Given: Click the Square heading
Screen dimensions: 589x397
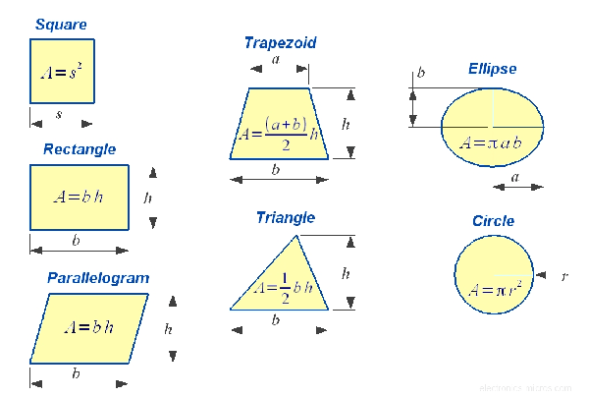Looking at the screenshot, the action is pyautogui.click(x=60, y=24).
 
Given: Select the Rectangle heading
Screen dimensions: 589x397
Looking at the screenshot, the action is pyautogui.click(x=80, y=149).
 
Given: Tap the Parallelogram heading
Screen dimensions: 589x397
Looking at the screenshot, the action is pyautogui.click(x=98, y=278).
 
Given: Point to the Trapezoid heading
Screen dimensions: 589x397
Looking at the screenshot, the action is pyautogui.click(x=280, y=42).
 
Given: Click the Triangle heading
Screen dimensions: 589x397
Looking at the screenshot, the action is pyautogui.click(x=286, y=217).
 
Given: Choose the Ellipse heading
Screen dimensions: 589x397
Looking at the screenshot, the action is pyautogui.click(x=492, y=69).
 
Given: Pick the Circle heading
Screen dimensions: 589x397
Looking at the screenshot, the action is pyautogui.click(x=493, y=221).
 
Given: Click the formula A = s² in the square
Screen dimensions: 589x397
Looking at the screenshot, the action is pyautogui.click(x=62, y=72).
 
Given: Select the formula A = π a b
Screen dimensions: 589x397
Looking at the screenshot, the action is pyautogui.click(x=491, y=142).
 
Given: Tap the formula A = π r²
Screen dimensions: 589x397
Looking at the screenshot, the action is pyautogui.click(x=494, y=290).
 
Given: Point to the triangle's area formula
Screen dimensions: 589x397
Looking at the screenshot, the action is pyautogui.click(x=282, y=287).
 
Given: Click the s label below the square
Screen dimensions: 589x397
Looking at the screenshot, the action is pyautogui.click(x=59, y=114).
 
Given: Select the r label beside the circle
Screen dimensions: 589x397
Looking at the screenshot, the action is pyautogui.click(x=564, y=277).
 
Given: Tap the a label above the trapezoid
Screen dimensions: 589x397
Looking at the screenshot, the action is pyautogui.click(x=276, y=59).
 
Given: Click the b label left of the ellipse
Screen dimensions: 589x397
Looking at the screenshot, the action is pyautogui.click(x=421, y=73).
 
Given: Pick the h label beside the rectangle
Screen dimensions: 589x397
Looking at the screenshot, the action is pyautogui.click(x=148, y=198).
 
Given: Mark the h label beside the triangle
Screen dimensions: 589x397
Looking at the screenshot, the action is pyautogui.click(x=345, y=274).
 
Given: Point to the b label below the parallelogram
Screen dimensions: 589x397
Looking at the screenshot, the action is pyautogui.click(x=77, y=373).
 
